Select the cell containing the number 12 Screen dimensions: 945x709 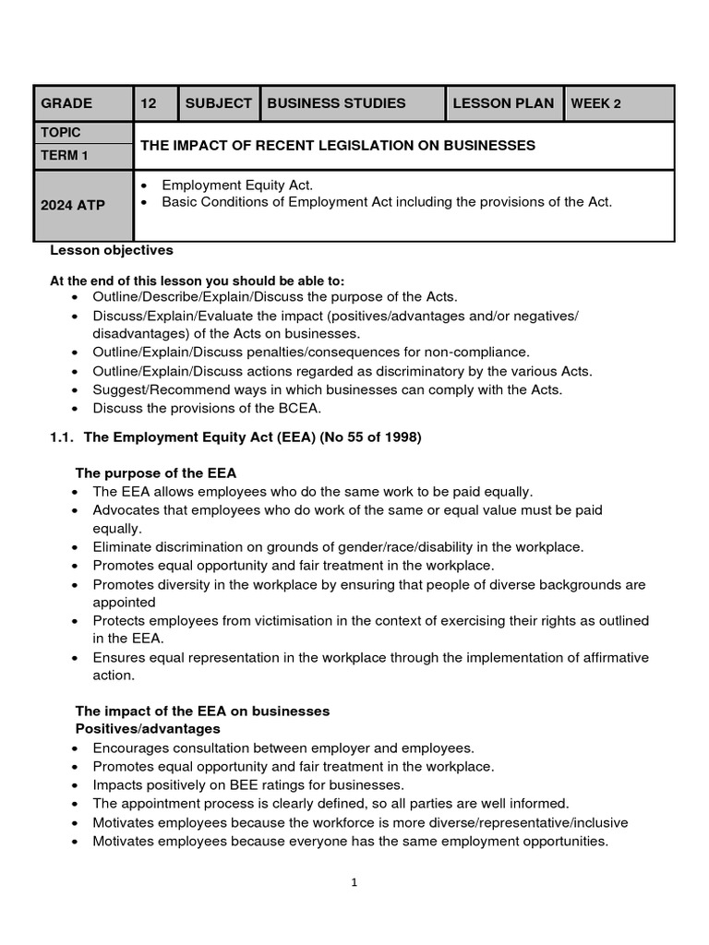[149, 103]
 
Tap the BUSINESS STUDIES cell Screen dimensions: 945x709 [336, 103]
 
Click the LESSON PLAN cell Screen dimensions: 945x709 [503, 103]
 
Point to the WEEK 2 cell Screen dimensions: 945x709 [595, 103]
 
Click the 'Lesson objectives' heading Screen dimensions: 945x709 [111, 250]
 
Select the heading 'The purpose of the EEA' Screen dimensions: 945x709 [155, 472]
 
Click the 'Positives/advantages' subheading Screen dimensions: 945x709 [147, 729]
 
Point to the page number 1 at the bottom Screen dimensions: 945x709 [354, 882]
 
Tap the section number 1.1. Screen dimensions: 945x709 [61, 437]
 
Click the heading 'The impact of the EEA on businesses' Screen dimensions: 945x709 [201, 711]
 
